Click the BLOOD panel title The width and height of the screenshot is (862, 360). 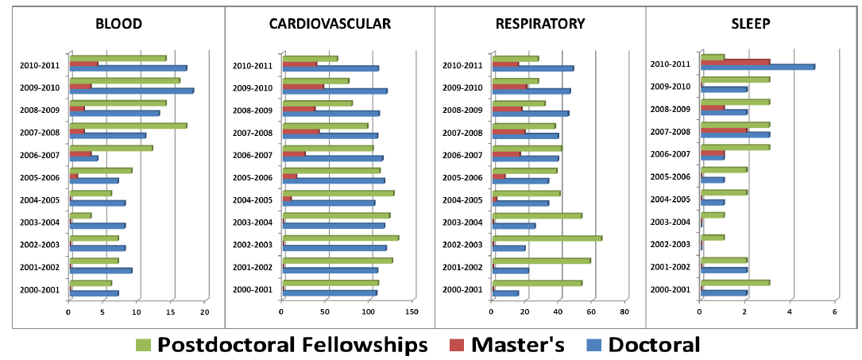tap(118, 24)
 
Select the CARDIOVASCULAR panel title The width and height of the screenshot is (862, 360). tap(330, 24)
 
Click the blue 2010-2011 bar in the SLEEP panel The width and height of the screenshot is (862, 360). tap(758, 67)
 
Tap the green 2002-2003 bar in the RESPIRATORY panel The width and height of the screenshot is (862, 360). tap(547, 238)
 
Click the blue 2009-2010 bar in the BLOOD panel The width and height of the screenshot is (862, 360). tap(132, 91)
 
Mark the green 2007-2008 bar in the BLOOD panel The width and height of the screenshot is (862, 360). tap(129, 126)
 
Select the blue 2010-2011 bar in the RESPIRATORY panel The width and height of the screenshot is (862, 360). tap(533, 68)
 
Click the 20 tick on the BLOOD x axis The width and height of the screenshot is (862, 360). tap(205, 311)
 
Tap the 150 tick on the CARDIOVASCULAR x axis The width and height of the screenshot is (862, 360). tap(412, 311)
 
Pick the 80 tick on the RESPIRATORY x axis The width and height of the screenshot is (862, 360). tap(624, 311)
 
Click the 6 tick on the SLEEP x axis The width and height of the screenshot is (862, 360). tap(835, 311)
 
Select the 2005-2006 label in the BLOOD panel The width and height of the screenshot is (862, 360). tap(41, 177)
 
